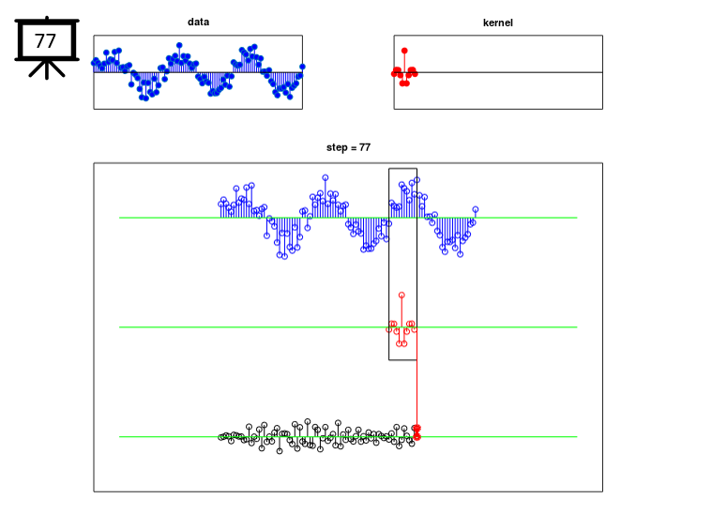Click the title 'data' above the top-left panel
pos(199,22)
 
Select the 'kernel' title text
pos(498,23)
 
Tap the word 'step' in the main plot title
pos(337,147)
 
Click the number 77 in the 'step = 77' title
pos(365,147)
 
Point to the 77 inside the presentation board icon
pos(45,41)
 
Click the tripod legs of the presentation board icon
pos(47,69)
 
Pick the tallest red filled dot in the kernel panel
pos(404,51)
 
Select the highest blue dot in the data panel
pos(179,45)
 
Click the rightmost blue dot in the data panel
pos(302,67)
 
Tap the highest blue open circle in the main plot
pos(326,177)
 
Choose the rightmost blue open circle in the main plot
pos(476,209)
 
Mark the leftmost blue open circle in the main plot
pos(221,204)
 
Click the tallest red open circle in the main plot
pos(401,295)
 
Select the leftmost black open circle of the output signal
pos(221,437)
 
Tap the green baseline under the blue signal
pos(348,218)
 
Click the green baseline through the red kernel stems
pos(348,327)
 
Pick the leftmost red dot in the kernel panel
pos(394,73)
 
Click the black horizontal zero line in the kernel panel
pos(498,72)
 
